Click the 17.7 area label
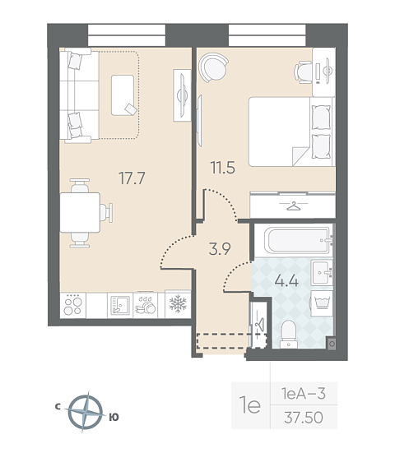coord(132,178)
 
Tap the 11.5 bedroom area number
coord(223,168)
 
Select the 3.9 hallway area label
coord(220,249)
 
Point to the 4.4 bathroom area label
coord(286,281)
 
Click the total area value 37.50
coord(304,418)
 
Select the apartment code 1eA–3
coord(304,393)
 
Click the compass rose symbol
coord(86,412)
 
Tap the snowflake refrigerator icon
coord(178,304)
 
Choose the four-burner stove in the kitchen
coord(73,306)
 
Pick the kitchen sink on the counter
coord(120,306)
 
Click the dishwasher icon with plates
coord(146,306)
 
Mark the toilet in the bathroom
coord(289,334)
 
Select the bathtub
coord(297,240)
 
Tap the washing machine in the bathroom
coord(322,303)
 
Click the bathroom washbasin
coord(322,272)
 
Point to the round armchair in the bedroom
coord(213,67)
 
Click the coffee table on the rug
coord(123,95)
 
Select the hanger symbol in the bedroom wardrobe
coord(294,206)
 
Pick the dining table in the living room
coord(80,212)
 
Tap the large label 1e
coord(250,404)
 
